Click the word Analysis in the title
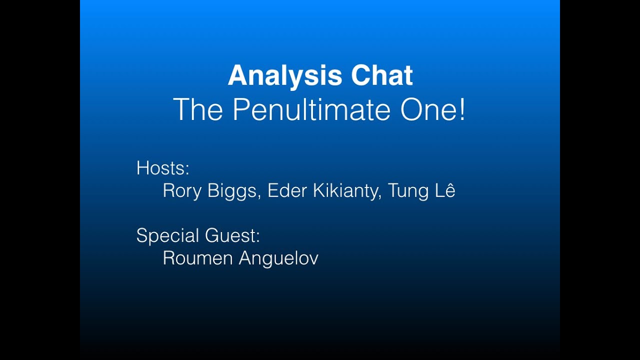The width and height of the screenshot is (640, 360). (x=285, y=76)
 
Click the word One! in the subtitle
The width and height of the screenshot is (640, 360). (x=433, y=109)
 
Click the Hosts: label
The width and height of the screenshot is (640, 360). (x=163, y=168)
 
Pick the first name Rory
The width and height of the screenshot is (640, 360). (x=181, y=191)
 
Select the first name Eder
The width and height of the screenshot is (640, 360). (x=287, y=191)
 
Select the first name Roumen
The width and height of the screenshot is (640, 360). (x=198, y=258)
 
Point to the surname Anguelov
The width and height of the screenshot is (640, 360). (x=278, y=258)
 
